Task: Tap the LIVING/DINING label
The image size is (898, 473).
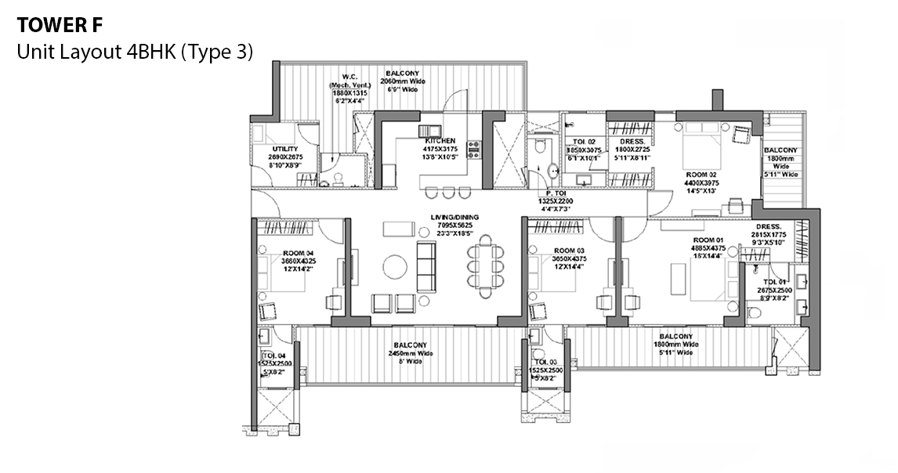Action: pos(454,217)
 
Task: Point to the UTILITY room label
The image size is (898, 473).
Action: pos(284,149)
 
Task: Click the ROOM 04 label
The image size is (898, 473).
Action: pos(298,253)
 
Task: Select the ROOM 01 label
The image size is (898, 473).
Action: pos(708,240)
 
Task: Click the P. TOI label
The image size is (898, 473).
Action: pos(556,193)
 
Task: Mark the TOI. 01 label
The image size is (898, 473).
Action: pos(775,281)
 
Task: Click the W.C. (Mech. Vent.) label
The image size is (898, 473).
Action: pos(349,77)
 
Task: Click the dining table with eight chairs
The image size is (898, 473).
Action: pos(485,262)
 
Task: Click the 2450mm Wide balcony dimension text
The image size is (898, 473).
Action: pos(411,354)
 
